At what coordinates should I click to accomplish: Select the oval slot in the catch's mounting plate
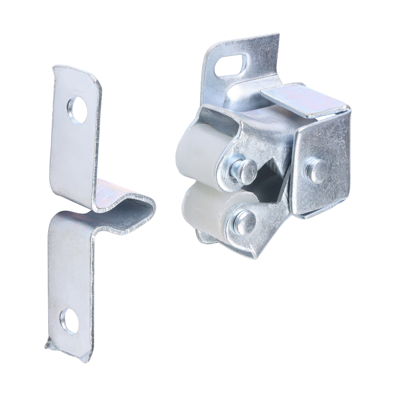pos(231,65)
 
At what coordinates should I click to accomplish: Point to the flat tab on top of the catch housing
pos(303,100)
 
